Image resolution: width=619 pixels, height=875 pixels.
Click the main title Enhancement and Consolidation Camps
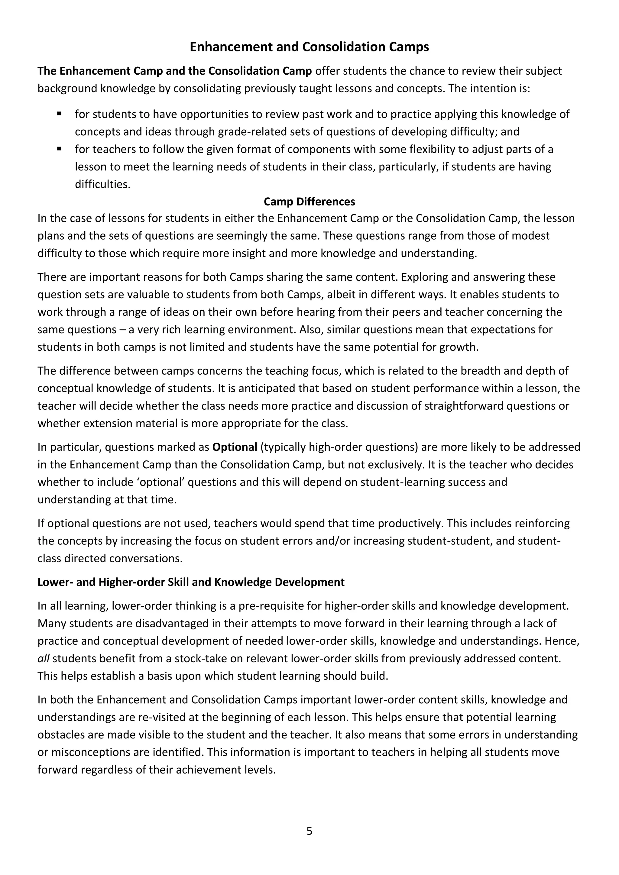point(309,47)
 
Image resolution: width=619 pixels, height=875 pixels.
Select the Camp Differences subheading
point(309,202)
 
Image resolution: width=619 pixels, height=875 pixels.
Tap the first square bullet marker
point(59,113)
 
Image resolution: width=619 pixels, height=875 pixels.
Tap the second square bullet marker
point(59,149)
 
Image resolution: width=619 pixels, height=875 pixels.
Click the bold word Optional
point(235,447)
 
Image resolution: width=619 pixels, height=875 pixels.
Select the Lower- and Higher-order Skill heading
point(191,582)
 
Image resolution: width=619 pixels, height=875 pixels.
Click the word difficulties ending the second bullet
point(102,184)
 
